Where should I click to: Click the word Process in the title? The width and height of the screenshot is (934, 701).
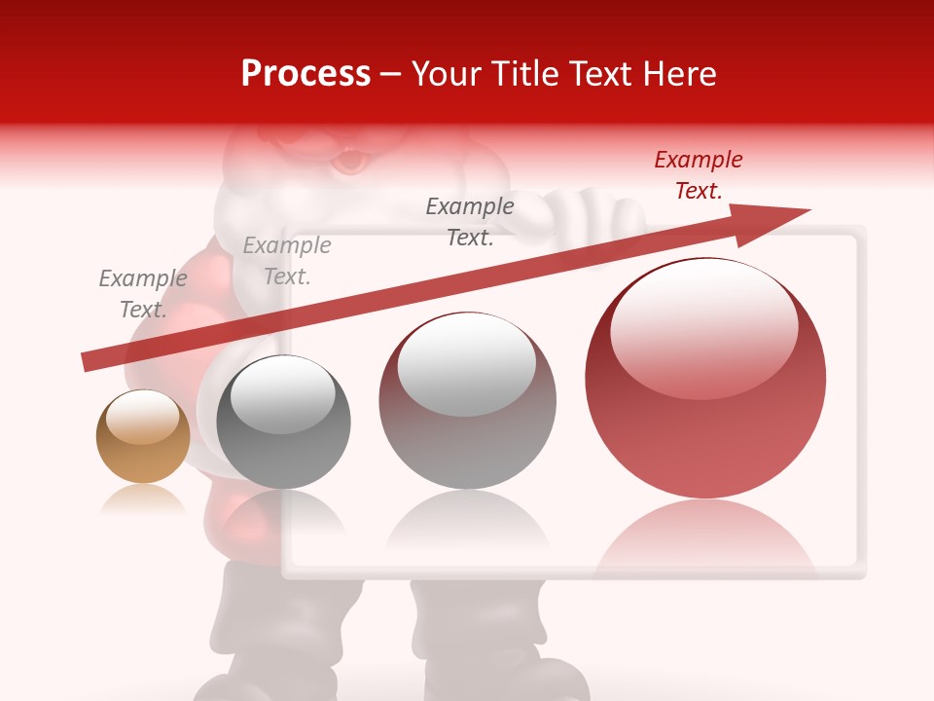pyautogui.click(x=305, y=73)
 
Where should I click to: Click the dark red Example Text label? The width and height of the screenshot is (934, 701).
pyautogui.click(x=699, y=175)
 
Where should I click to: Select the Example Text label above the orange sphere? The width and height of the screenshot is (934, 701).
pyautogui.click(x=143, y=293)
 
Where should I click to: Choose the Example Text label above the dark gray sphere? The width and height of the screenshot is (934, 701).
pyautogui.click(x=287, y=260)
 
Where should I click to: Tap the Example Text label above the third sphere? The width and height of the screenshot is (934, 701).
pyautogui.click(x=470, y=221)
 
